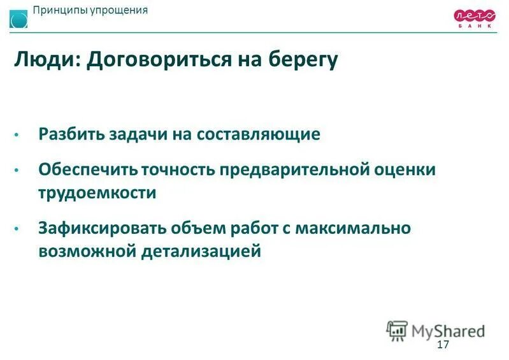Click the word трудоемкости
[x=97, y=192]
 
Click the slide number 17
[x=443, y=345]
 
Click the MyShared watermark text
[x=448, y=330]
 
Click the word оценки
[x=413, y=170]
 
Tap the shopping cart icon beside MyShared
[x=397, y=329]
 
